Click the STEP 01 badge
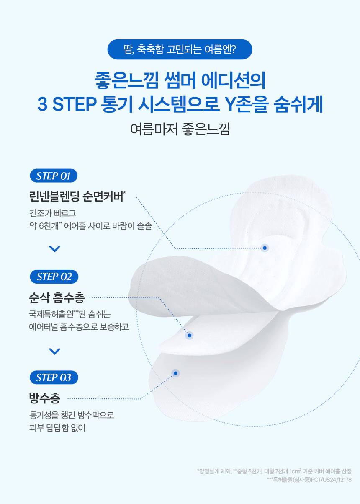[54, 176]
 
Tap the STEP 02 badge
[54, 277]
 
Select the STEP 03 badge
[54, 377]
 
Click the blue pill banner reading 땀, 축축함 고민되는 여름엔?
[180, 49]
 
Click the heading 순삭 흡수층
[57, 297]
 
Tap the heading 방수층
[45, 398]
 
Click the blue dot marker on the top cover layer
[265, 248]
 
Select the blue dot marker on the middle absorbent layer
[189, 336]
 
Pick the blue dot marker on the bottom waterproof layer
[176, 373]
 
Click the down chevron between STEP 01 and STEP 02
[55, 248]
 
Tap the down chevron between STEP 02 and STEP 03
[55, 351]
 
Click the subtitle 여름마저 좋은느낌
[180, 129]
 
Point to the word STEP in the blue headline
[74, 104]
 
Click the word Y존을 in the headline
[247, 104]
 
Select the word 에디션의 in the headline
[234, 80]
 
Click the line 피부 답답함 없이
[57, 427]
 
